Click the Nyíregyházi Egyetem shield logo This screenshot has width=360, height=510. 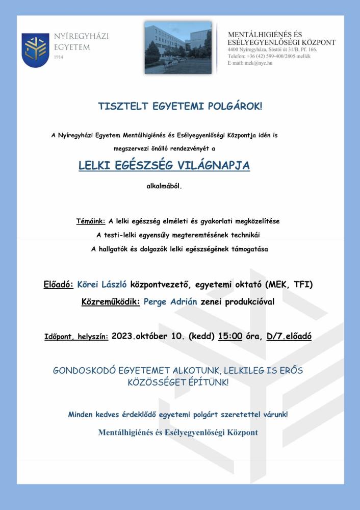coord(35,50)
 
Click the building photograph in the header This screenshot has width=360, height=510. coord(177,47)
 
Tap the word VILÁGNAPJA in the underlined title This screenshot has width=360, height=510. coord(218,166)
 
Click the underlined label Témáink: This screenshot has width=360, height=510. coord(90,221)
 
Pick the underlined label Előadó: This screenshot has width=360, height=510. coord(59,284)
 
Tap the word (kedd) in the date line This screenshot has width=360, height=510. coord(201,336)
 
